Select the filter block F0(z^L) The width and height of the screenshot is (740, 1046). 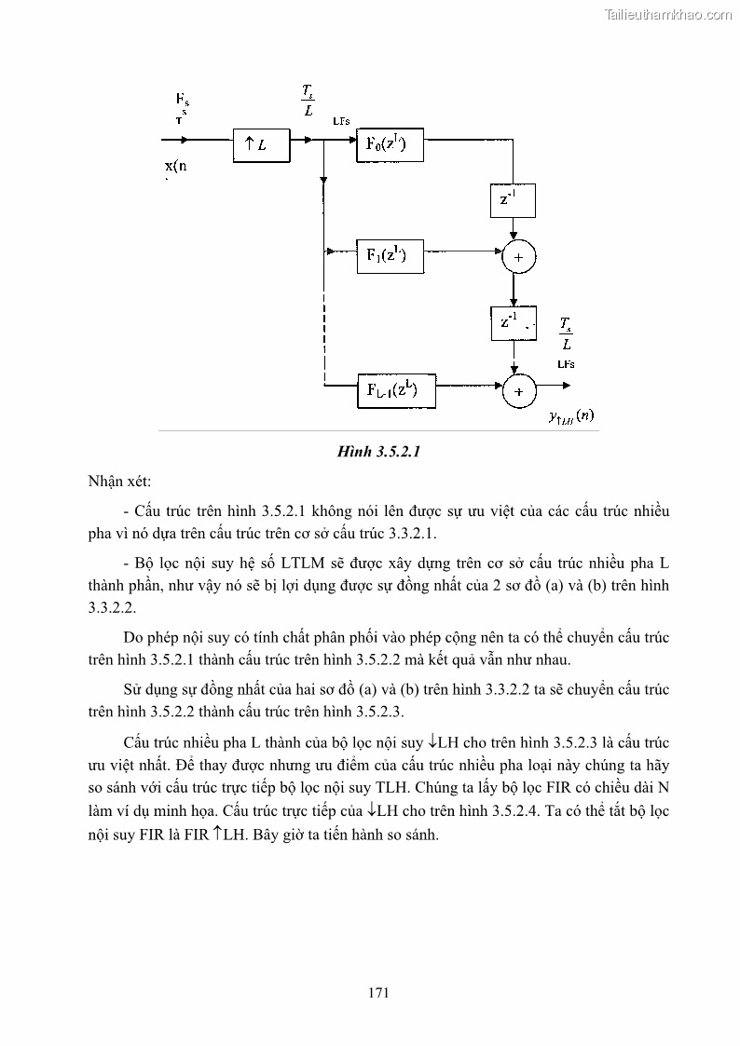tap(389, 144)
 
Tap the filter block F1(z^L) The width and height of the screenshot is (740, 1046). tap(389, 254)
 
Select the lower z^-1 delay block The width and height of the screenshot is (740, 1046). tap(513, 322)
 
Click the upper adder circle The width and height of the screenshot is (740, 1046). tap(518, 256)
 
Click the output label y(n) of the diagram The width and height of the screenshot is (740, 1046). tap(571, 415)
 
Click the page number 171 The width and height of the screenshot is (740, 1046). tap(377, 992)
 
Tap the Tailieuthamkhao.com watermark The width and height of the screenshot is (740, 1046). tap(669, 14)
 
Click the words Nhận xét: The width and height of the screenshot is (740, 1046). tap(119, 482)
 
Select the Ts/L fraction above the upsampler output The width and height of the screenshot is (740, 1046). tap(308, 100)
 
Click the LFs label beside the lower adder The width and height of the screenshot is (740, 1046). tap(565, 363)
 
